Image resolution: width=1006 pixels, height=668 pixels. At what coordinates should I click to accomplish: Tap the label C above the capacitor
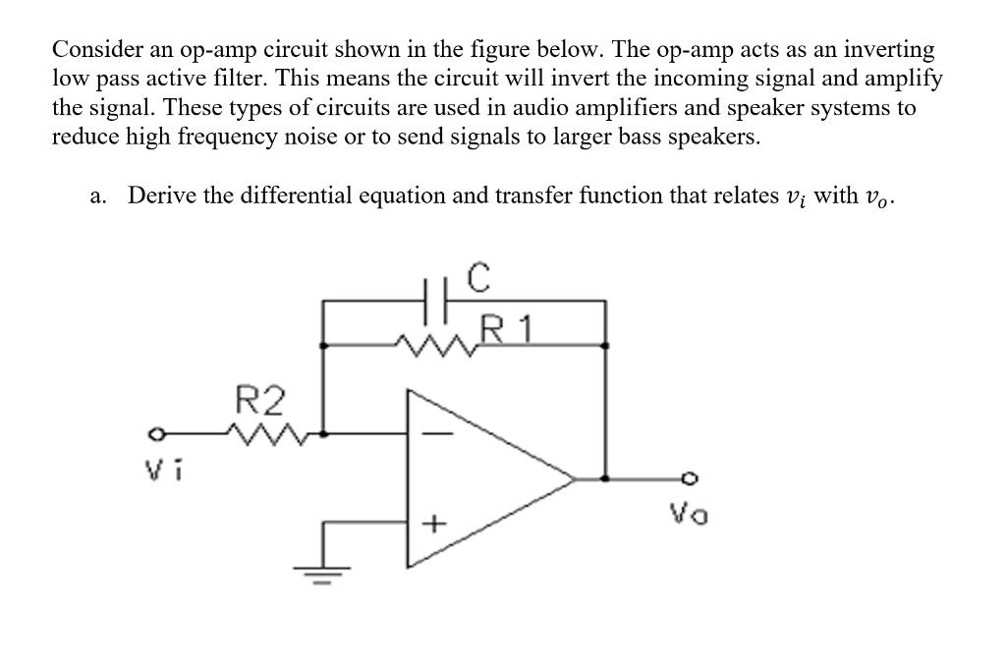tap(476, 278)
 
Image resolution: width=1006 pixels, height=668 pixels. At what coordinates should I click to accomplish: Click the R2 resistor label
tap(262, 401)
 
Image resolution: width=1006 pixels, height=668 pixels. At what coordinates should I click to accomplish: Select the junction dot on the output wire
tap(604, 479)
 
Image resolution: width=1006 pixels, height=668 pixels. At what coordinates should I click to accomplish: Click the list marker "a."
tap(96, 195)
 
